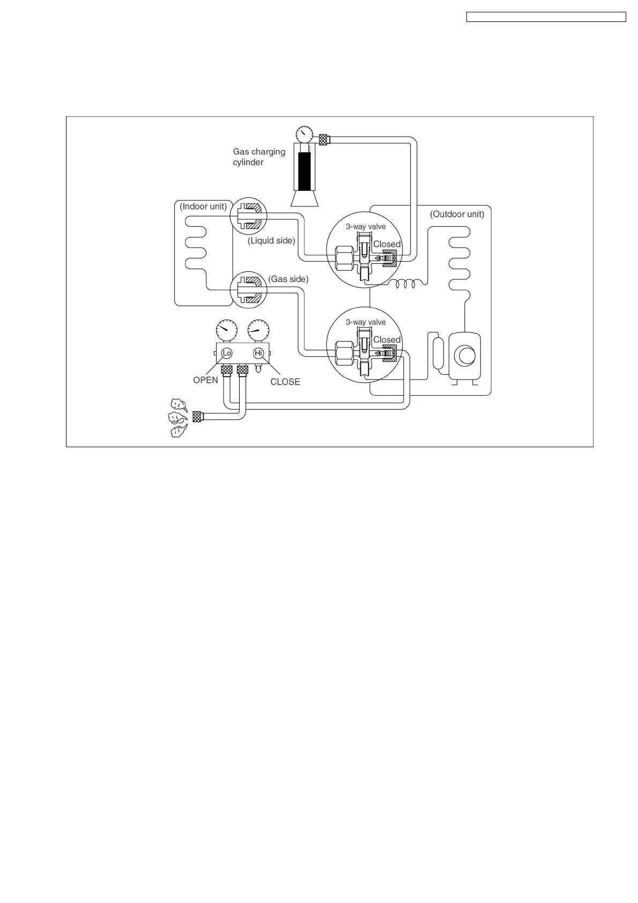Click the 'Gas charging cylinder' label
click(259, 157)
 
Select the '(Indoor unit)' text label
click(203, 206)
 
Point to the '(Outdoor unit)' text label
click(457, 214)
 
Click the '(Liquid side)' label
click(271, 241)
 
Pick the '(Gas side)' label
click(288, 279)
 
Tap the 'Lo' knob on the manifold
click(227, 353)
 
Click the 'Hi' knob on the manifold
click(258, 353)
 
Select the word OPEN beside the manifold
click(205, 380)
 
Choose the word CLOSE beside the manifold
click(285, 382)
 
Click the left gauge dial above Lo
click(226, 330)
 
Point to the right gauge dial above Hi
click(258, 330)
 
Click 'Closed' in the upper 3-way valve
click(387, 244)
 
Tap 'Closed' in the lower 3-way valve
click(387, 340)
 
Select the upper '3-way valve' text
click(366, 227)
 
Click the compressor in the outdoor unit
click(464, 356)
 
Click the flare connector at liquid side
click(248, 216)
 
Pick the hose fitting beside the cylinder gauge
click(324, 139)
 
